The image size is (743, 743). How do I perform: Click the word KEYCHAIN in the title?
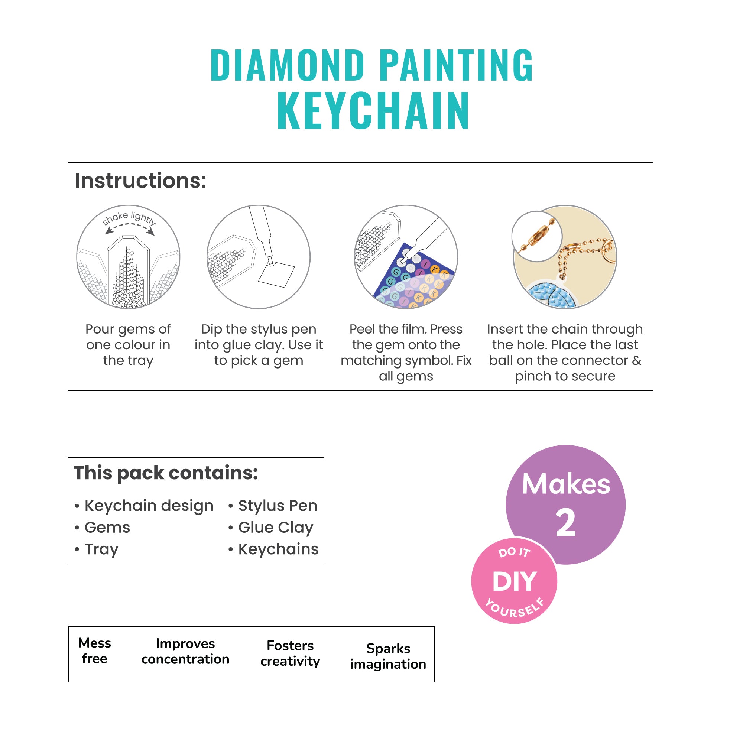tap(373, 111)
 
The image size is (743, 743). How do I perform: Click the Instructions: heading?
tap(140, 181)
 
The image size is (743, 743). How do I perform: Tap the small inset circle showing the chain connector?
tap(537, 236)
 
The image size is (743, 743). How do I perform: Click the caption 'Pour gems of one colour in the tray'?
tap(128, 345)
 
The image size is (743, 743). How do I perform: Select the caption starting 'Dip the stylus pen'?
tap(259, 345)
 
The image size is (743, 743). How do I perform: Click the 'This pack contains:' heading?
tap(166, 473)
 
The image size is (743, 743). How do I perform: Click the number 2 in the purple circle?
tap(565, 523)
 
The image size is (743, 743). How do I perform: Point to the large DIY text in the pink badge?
tap(514, 581)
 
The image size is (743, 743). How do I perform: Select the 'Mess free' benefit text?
tap(95, 651)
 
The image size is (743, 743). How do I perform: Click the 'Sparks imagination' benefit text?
tap(388, 656)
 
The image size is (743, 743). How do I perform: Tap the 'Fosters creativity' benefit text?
tap(290, 653)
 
